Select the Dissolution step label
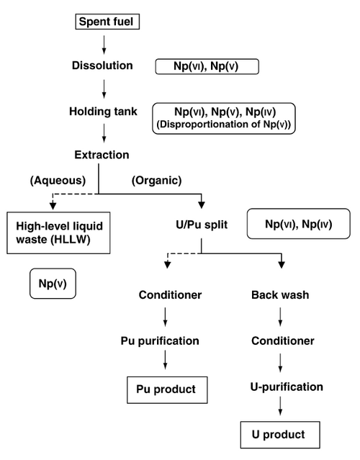pyautogui.click(x=102, y=66)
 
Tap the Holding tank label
pyautogui.click(x=103, y=112)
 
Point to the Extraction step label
pyautogui.click(x=102, y=155)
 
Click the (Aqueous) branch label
pyautogui.click(x=58, y=181)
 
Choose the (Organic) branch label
pyautogui.click(x=157, y=181)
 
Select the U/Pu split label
pyautogui.click(x=202, y=225)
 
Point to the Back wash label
pyautogui.click(x=280, y=295)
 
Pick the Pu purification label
pyautogui.click(x=160, y=341)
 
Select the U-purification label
pyautogui.click(x=287, y=387)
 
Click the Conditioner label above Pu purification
pyautogui.click(x=170, y=295)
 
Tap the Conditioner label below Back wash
pyautogui.click(x=283, y=341)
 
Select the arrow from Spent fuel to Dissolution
pyautogui.click(x=104, y=45)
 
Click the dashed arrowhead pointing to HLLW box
pyautogui.click(x=53, y=205)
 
